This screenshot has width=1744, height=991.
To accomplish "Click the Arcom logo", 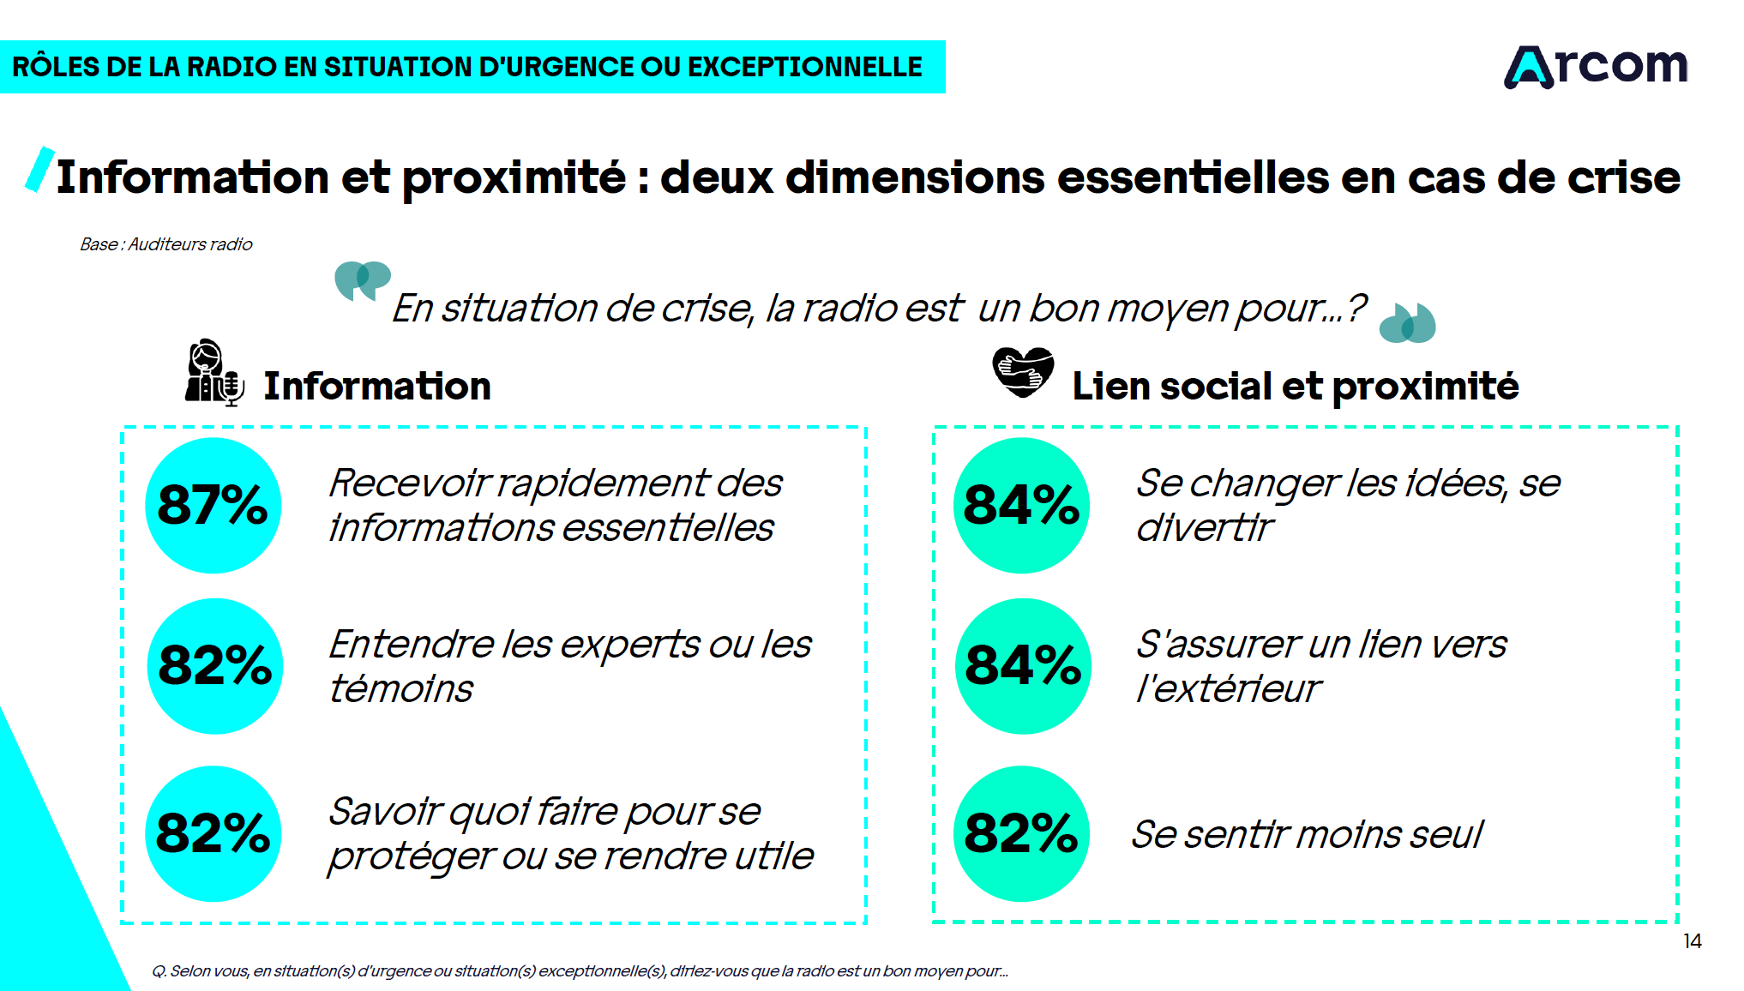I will tap(1596, 67).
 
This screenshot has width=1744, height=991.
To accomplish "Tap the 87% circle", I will tap(213, 505).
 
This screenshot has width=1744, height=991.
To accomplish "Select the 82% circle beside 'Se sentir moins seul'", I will tap(1021, 833).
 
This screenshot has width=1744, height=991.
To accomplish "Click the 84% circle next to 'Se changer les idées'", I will tap(1021, 505).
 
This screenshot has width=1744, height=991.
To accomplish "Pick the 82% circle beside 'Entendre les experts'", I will tap(214, 665).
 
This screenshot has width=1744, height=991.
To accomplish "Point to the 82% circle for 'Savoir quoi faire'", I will tap(213, 833).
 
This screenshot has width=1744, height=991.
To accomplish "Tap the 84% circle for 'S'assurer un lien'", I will tap(1023, 665).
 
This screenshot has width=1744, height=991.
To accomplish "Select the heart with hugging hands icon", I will tap(1022, 372).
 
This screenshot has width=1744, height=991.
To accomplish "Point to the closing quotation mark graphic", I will tap(1407, 323).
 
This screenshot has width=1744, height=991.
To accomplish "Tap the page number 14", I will tap(1692, 941).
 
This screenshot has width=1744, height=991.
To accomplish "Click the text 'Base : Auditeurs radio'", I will tap(166, 244).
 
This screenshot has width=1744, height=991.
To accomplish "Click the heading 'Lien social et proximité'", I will tap(1295, 386).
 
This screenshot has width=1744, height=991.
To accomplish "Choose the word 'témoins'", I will tap(401, 689).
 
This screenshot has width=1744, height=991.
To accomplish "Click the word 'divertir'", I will tap(1204, 528).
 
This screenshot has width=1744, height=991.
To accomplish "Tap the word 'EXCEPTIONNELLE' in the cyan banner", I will tap(804, 67).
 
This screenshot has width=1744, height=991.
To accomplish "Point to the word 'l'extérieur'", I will tap(1228, 689).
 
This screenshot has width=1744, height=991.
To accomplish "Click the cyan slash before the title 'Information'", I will tap(39, 170).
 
